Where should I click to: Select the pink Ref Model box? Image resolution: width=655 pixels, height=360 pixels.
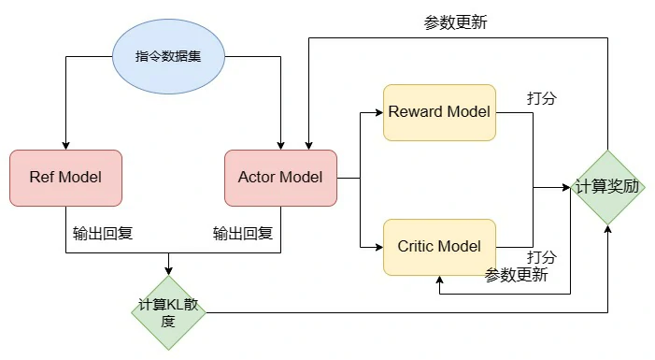(x=65, y=178)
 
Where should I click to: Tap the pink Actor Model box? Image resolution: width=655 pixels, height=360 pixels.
(x=280, y=178)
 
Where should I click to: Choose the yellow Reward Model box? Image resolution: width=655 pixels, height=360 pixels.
(x=439, y=112)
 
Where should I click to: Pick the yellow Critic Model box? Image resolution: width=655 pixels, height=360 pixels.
(x=439, y=247)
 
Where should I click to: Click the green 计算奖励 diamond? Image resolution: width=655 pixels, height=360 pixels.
(x=608, y=186)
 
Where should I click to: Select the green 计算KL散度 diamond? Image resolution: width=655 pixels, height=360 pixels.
(x=168, y=313)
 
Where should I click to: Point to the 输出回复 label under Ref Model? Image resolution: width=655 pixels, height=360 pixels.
(x=102, y=233)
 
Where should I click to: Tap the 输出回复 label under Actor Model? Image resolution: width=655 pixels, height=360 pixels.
(x=243, y=233)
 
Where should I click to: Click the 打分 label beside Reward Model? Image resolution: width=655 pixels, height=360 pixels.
(x=541, y=98)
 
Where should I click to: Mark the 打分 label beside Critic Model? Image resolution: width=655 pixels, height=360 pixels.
(x=541, y=257)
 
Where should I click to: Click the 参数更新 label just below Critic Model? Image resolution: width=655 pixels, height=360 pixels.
(x=516, y=275)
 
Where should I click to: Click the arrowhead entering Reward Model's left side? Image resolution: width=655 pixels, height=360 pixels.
(x=378, y=112)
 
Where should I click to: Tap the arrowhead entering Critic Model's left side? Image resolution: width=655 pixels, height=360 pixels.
(x=378, y=247)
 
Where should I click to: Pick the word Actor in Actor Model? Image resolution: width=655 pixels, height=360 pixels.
(x=258, y=178)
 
